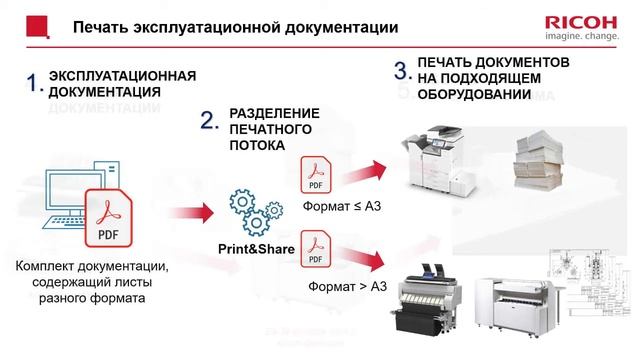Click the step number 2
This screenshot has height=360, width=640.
[209, 121]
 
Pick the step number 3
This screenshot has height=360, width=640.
[403, 70]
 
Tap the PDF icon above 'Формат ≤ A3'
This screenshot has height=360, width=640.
[316, 175]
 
